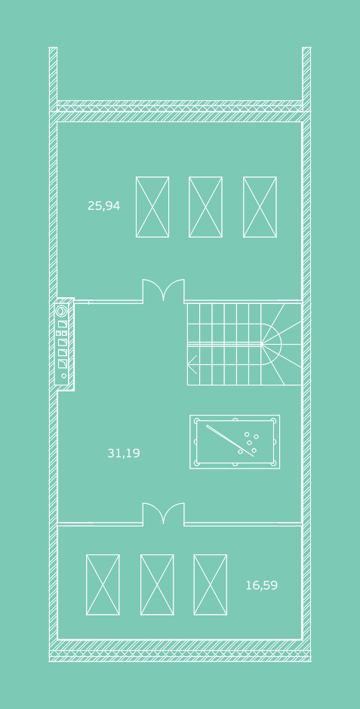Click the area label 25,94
tap(103, 206)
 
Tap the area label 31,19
tap(124, 453)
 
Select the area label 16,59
tap(261, 585)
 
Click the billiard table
tap(235, 442)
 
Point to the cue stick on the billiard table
tap(229, 441)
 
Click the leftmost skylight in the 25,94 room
tap(152, 207)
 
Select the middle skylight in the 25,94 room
tap(205, 207)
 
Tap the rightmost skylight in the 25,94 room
tap(260, 207)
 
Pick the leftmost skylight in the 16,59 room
tap(103, 585)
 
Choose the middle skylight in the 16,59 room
tap(157, 585)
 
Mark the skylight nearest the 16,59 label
tap(211, 585)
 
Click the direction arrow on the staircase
tap(192, 364)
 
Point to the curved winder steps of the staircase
tap(282, 344)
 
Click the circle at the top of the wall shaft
tap(61, 311)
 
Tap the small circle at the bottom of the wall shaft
tap(63, 376)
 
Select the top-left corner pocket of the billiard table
tap(197, 421)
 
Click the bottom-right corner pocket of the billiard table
tap(272, 462)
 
